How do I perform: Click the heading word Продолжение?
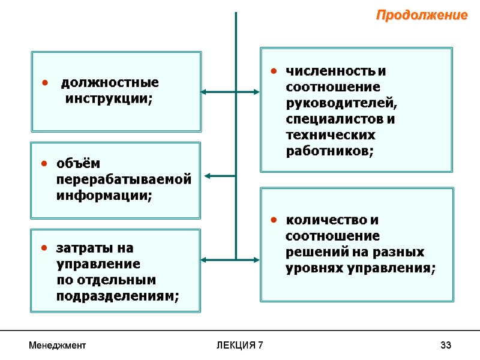click(x=421, y=15)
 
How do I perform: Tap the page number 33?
click(x=445, y=346)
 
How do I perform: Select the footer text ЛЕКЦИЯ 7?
click(x=239, y=346)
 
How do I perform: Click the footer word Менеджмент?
click(x=58, y=346)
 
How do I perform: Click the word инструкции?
click(x=107, y=98)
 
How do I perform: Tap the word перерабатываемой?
click(x=124, y=179)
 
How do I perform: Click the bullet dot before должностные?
click(x=44, y=83)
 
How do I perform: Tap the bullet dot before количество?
click(x=273, y=220)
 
